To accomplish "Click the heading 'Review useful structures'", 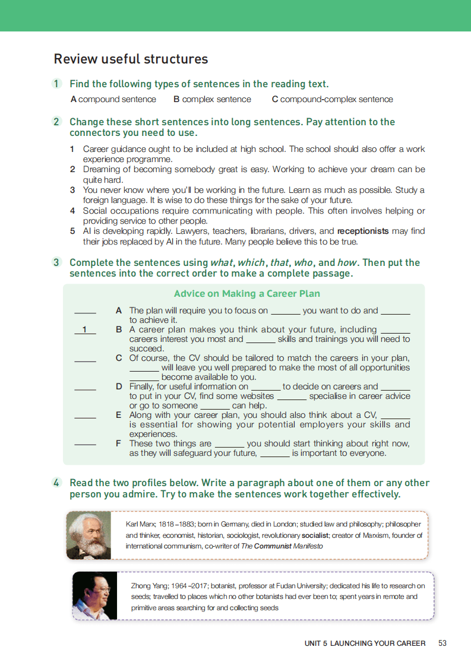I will pos(131,59).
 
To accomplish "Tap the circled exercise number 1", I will pos(56,84).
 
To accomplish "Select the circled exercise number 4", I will pos(56,483).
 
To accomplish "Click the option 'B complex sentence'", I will pos(212,100).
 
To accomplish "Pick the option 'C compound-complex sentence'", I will pos(332,100).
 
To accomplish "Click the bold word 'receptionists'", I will pos(363,231).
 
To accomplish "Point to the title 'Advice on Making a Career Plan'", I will pos(247,294).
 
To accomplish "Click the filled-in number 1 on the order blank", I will pos(85,329).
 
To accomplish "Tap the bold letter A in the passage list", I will pos(119,310).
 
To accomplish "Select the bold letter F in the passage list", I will pos(119,443).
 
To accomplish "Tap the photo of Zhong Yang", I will pos(94,595).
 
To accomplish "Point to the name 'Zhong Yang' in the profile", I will pos(146,586).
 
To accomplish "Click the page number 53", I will pos(442,643).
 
